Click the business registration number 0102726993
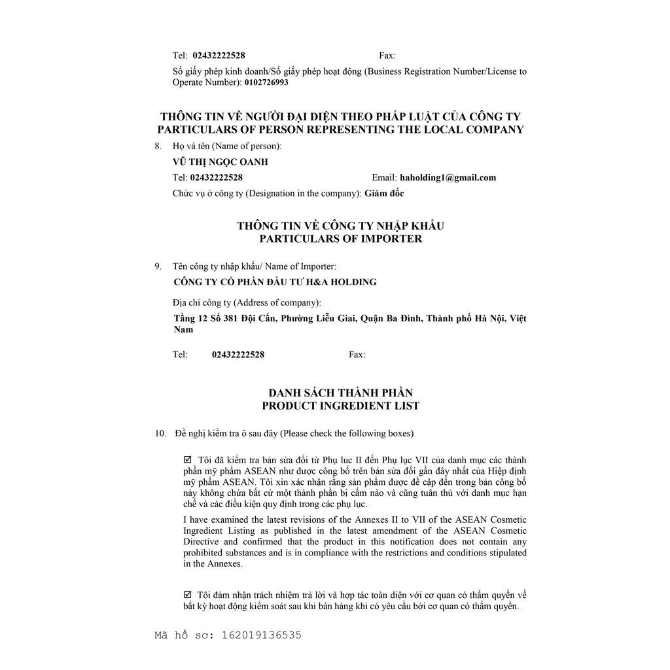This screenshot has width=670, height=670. [x=266, y=82]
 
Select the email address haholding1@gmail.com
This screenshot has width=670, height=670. [x=448, y=177]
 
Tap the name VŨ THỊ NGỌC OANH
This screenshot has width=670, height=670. [x=220, y=162]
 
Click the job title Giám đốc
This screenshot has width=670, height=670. [x=384, y=193]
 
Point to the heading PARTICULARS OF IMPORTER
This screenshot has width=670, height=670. [x=340, y=239]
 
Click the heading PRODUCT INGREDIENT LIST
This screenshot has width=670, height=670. [x=340, y=406]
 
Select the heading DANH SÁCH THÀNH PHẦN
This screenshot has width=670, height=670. [x=340, y=393]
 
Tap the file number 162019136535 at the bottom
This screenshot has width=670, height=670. [x=262, y=635]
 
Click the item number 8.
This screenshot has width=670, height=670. [x=158, y=146]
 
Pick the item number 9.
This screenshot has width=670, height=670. [x=158, y=266]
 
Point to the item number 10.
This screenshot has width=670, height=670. [x=160, y=433]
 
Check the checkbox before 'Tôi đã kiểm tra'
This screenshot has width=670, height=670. [x=188, y=460]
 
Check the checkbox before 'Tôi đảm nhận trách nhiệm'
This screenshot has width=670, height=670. [x=188, y=595]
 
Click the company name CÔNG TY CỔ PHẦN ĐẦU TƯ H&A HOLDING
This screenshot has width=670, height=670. [x=275, y=282]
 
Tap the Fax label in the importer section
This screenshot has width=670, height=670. [x=357, y=355]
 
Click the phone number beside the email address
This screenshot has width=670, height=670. [x=217, y=177]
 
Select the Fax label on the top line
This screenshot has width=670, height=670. [x=387, y=56]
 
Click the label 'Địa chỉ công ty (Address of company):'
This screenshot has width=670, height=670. [x=247, y=302]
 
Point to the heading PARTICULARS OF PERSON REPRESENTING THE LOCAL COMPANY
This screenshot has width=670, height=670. [x=340, y=130]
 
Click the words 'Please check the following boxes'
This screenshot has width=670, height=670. [x=347, y=433]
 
